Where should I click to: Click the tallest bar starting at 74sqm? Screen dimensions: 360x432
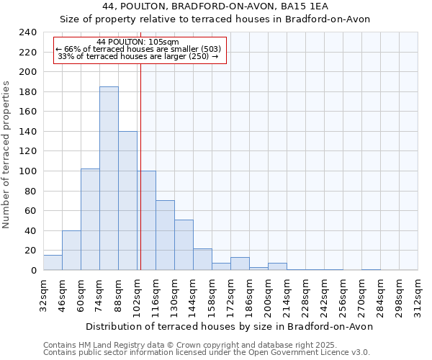pyautogui.click(x=109, y=179)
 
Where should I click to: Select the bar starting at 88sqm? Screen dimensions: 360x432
pyautogui.click(x=127, y=201)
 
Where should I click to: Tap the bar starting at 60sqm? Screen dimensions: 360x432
pyautogui.click(x=90, y=220)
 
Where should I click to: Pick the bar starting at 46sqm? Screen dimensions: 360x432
pyautogui.click(x=71, y=251)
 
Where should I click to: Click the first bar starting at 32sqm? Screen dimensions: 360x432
pyautogui.click(x=53, y=263)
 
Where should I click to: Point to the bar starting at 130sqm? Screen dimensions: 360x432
pyautogui.click(x=184, y=245)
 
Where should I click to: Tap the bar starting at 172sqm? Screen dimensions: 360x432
pyautogui.click(x=240, y=264)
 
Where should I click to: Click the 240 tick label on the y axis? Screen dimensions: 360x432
pyautogui.click(x=27, y=32)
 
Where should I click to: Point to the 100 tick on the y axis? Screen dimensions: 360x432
pyautogui.click(x=27, y=171)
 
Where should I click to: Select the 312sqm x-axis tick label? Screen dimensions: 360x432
pyautogui.click(x=418, y=294)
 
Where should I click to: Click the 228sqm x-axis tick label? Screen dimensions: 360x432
pyautogui.click(x=305, y=294)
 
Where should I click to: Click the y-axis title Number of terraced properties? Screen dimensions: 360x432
pyautogui.click(x=6, y=154)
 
